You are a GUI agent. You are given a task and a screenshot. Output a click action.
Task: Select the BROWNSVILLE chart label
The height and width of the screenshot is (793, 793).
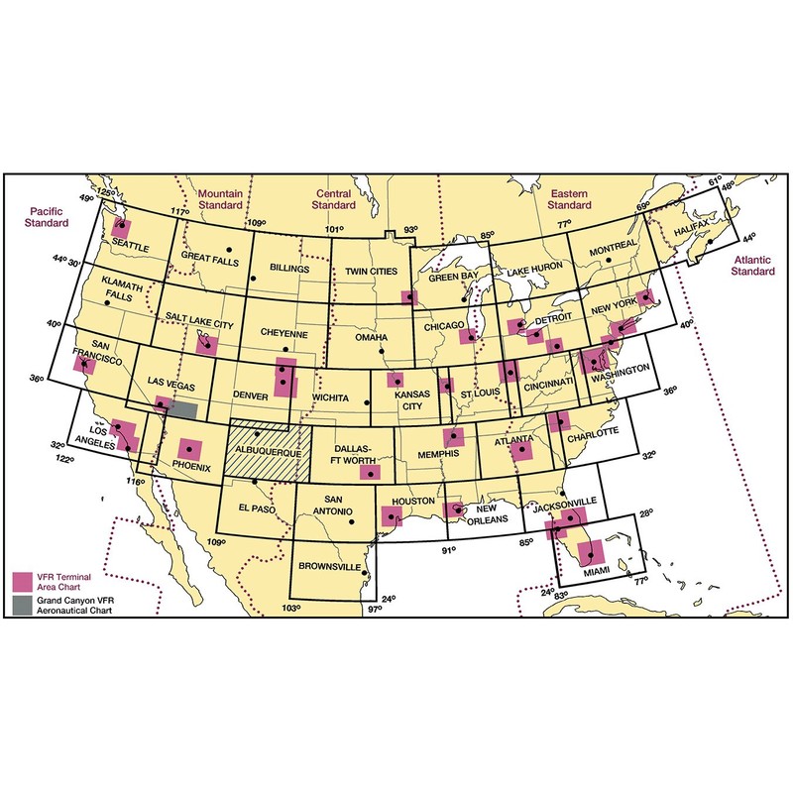pyautogui.click(x=330, y=571)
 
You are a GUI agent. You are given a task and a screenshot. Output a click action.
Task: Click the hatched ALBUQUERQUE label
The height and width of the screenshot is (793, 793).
pyautogui.click(x=266, y=450)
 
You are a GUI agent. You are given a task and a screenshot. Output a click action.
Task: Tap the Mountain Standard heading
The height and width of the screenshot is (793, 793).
pyautogui.click(x=227, y=199)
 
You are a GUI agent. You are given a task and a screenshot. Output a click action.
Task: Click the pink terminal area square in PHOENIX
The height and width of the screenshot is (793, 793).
pyautogui.click(x=189, y=450)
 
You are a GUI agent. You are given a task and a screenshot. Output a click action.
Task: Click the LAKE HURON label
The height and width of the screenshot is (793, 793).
pyautogui.click(x=536, y=271)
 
